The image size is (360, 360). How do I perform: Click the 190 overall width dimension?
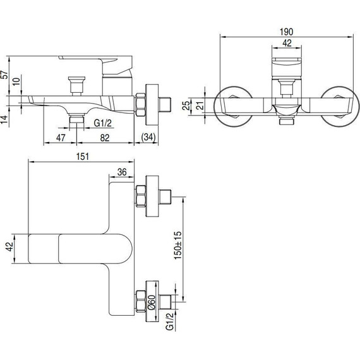click(286, 32)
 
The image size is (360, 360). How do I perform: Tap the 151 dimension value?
click(83, 157)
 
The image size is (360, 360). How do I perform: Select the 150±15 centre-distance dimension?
click(177, 246)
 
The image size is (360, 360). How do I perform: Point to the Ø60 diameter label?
click(152, 303)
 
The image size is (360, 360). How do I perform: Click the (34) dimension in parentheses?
click(148, 137)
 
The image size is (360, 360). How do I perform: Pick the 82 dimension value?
click(105, 138)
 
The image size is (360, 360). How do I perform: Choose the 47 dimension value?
click(61, 138)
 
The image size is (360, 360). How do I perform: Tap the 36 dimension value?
click(122, 172)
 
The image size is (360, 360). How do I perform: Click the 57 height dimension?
click(4, 75)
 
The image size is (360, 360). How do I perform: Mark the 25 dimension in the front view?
click(186, 105)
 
